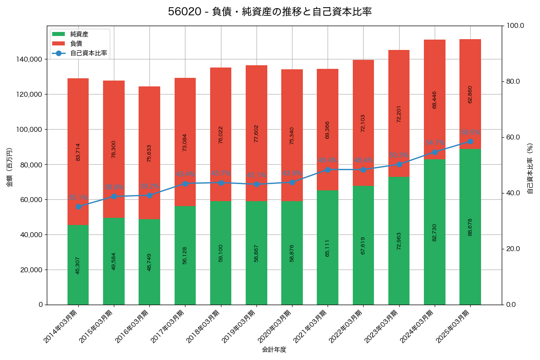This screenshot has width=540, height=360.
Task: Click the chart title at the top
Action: (x=270, y=12)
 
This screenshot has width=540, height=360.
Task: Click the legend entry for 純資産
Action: (x=79, y=34)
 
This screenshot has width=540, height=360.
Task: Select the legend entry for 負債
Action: (x=76, y=44)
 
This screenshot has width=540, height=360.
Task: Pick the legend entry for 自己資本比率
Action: (x=88, y=53)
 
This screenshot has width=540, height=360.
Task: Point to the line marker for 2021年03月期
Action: (x=328, y=170)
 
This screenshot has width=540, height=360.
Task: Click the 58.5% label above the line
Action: (x=470, y=133)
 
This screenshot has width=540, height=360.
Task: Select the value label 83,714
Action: (x=78, y=152)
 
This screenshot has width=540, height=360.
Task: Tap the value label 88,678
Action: (x=470, y=227)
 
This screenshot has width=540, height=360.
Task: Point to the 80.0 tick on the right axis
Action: (x=513, y=81)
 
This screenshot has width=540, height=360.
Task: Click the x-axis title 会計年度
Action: (x=274, y=349)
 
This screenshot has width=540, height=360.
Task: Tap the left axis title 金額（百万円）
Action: (x=9, y=167)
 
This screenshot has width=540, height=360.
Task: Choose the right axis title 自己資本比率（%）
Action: (x=530, y=167)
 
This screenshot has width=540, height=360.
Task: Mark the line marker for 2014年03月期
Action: (x=78, y=207)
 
